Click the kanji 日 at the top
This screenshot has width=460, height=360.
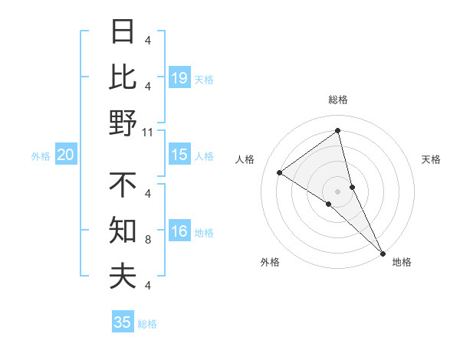[123, 32]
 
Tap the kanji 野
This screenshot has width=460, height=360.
[123, 123]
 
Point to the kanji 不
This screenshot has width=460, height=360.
[123, 185]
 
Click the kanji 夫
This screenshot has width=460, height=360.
[123, 276]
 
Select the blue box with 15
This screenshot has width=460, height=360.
[179, 155]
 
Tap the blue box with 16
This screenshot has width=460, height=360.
[179, 231]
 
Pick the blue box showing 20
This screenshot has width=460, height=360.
[66, 155]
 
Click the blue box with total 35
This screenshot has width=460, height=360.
[123, 322]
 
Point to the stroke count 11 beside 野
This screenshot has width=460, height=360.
[148, 132]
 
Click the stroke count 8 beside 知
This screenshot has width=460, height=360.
[148, 240]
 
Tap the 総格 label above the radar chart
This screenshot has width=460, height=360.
[337, 100]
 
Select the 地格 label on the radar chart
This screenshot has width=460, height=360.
[402, 262]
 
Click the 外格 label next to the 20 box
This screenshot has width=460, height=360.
[41, 155]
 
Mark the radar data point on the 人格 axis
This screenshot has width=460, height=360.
[279, 172]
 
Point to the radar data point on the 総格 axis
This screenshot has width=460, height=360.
[337, 131]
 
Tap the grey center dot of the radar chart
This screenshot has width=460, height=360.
[337, 191]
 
